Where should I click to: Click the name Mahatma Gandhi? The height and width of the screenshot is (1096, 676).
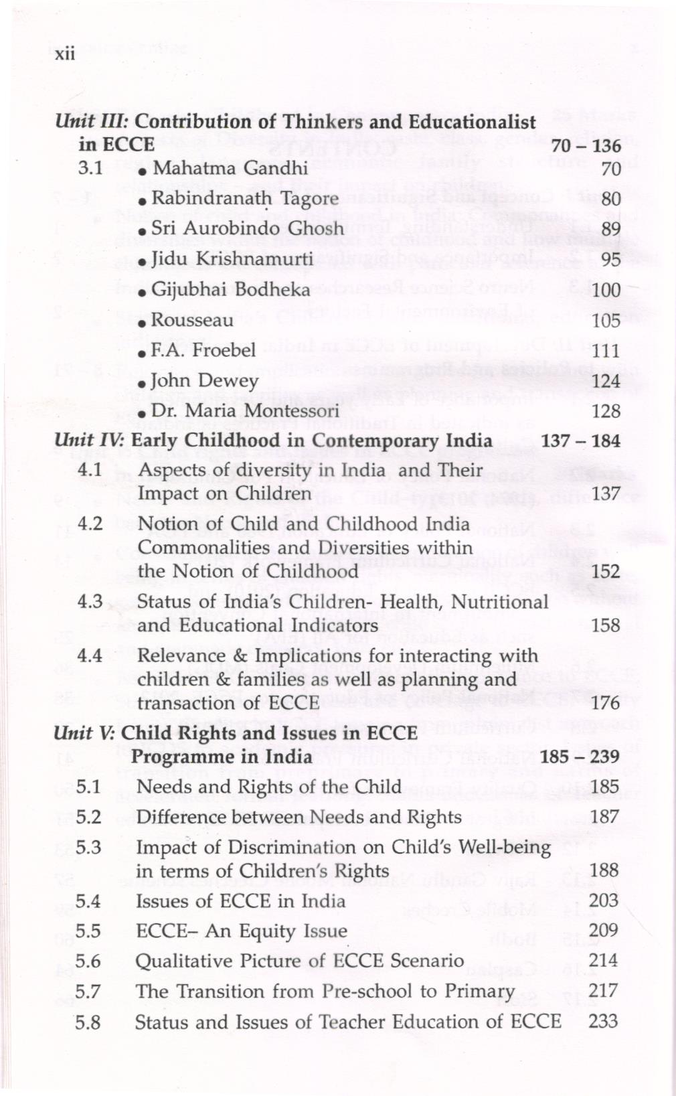(230, 167)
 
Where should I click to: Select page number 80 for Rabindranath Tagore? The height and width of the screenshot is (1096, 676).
(610, 199)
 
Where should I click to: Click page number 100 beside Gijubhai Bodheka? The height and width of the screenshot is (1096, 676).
(606, 291)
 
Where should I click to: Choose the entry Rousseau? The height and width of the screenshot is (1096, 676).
(192, 320)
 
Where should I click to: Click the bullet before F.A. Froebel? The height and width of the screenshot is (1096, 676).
(142, 352)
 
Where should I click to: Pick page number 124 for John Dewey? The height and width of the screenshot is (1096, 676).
(606, 381)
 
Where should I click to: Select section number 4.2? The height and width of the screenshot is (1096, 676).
(90, 524)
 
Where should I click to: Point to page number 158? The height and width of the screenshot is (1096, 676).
(606, 625)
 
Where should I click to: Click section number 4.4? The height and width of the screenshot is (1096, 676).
(90, 655)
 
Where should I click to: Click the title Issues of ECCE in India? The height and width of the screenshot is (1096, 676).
(240, 901)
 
